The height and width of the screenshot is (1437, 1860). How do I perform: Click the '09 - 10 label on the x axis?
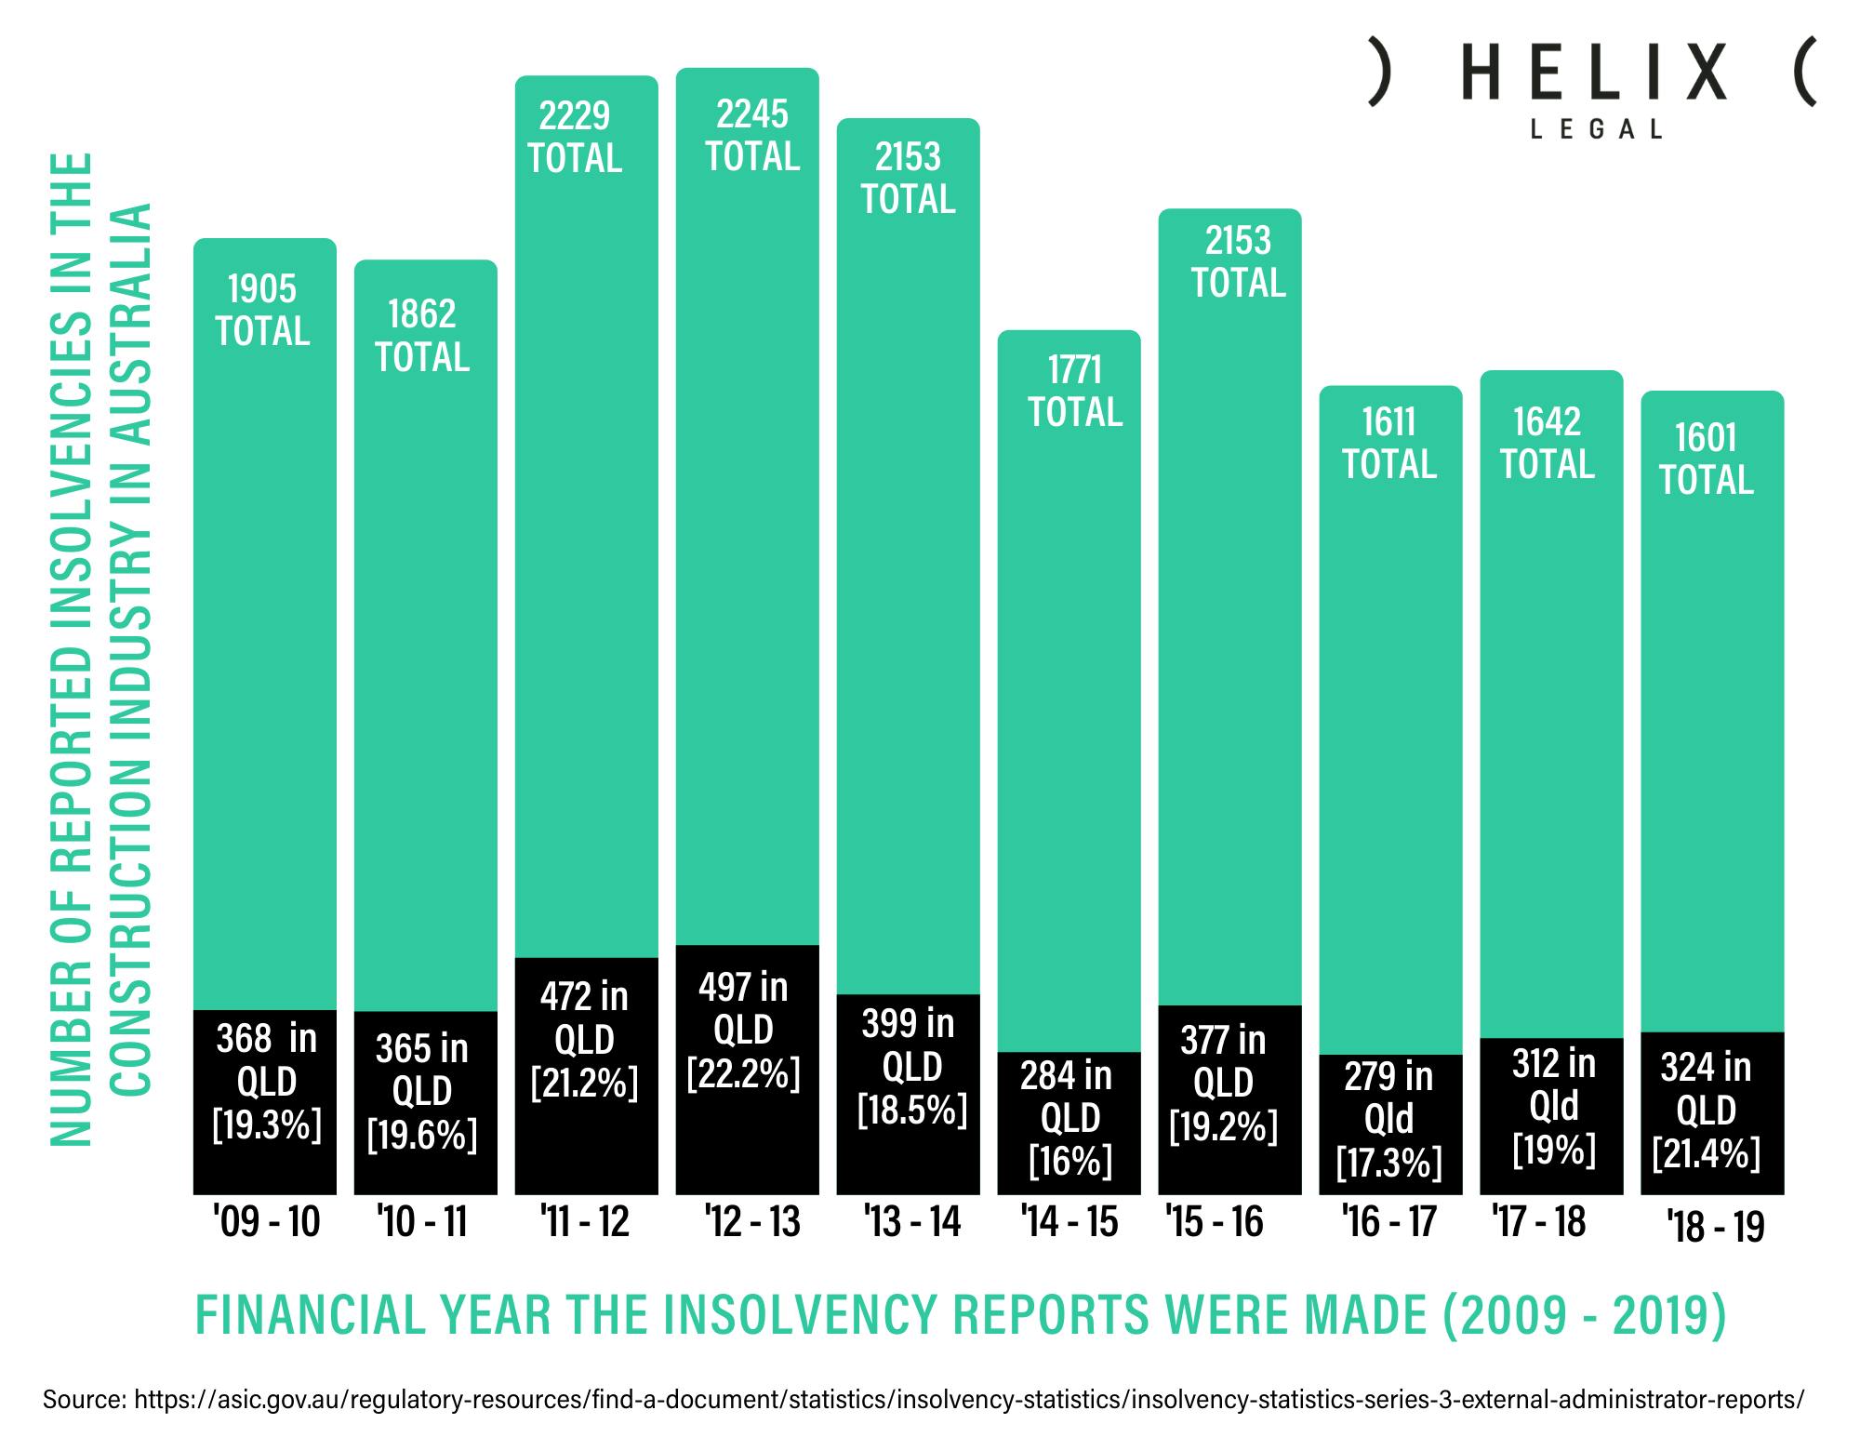pos(266,1221)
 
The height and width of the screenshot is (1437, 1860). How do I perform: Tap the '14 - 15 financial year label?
pos(1069,1221)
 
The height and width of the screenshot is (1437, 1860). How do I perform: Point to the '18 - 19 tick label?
pos(1715,1226)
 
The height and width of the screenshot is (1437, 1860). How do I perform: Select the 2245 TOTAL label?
pos(751,136)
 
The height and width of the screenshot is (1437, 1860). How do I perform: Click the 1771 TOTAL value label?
pos(1075,392)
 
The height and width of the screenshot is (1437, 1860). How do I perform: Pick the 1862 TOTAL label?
pos(422,336)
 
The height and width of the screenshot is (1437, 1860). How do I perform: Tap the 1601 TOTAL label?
pos(1707,459)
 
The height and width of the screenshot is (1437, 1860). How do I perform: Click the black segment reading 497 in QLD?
pos(747,1070)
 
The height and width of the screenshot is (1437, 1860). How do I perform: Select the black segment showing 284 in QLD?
pos(1069,1123)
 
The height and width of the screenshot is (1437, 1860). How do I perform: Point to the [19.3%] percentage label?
pos(267,1125)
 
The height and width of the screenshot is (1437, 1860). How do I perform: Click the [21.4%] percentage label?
pos(1707,1153)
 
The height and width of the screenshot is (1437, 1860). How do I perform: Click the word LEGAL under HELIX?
pos(1596,129)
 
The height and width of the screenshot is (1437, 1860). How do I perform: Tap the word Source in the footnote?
pos(84,1399)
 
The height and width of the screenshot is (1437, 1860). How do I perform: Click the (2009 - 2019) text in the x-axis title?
pos(1583,1315)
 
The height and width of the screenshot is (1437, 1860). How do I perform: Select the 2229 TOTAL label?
pos(575,138)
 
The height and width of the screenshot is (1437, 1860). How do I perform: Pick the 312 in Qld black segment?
pos(1551,1116)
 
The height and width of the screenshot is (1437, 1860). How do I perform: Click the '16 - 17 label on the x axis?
pos(1389,1221)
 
